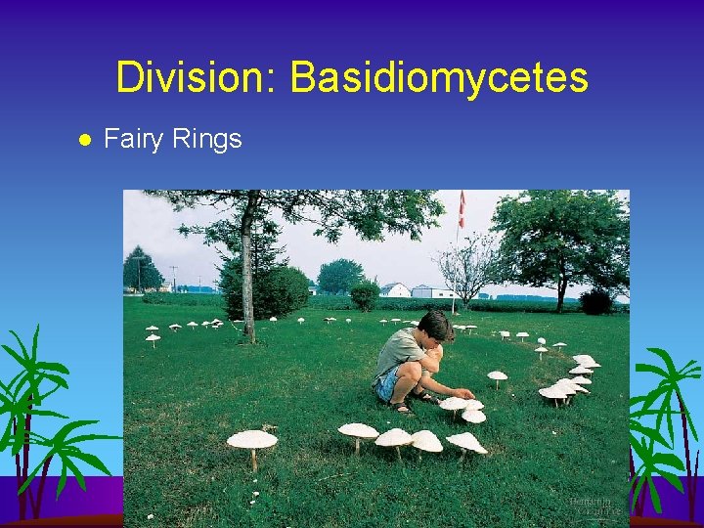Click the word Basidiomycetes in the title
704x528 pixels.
439,77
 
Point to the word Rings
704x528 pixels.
207,140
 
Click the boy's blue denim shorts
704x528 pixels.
387,382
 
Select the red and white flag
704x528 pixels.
462,208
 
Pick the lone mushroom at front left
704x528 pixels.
252,442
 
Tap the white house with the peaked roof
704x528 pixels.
394,289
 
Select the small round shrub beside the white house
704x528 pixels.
364,295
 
